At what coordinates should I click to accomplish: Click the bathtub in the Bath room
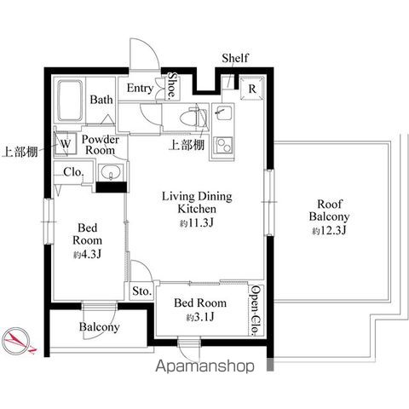coord(70,101)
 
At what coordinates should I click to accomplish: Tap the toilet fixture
coord(194,118)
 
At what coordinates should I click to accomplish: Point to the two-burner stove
coord(223,145)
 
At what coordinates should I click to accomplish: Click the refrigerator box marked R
coord(251,89)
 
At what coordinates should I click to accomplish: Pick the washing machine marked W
coord(66,144)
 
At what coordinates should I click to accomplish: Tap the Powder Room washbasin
coord(111,172)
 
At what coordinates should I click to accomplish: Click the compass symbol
coord(18,341)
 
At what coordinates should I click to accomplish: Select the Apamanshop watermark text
coord(204,366)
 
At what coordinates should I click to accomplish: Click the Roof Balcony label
coord(329,210)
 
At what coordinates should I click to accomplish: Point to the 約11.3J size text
coord(196,223)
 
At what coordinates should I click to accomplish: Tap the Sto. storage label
coord(141,291)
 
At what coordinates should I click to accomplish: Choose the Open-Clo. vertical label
coord(256,310)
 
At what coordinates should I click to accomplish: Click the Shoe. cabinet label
coord(172,85)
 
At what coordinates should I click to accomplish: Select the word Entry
coord(140,89)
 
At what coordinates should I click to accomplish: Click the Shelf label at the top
coord(235,58)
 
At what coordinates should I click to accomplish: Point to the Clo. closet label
coord(74,172)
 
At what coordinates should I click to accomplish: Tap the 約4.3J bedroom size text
coord(87,255)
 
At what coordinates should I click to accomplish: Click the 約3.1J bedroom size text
coord(200,317)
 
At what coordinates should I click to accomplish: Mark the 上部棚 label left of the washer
coord(20,152)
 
